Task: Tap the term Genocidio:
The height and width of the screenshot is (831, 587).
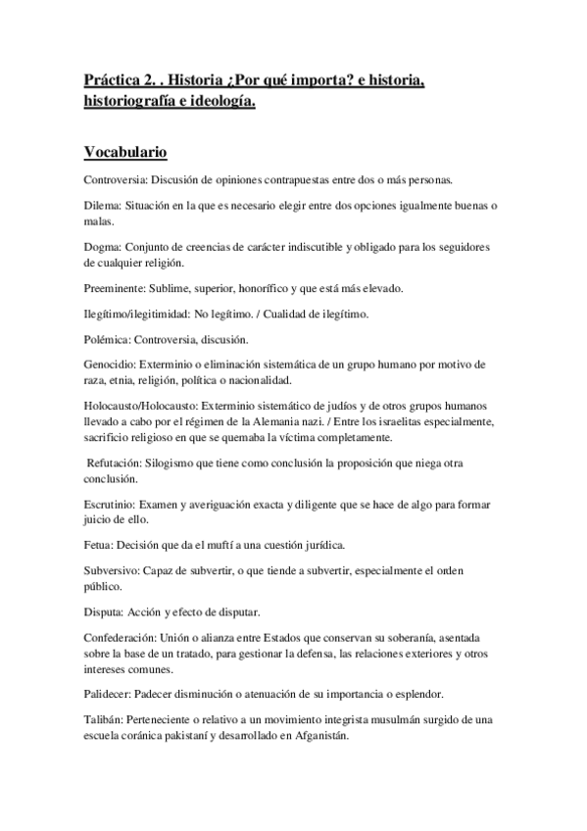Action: point(113,365)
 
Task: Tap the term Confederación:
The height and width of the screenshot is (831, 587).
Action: point(122,638)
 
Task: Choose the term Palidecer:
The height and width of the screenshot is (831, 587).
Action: point(112,694)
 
